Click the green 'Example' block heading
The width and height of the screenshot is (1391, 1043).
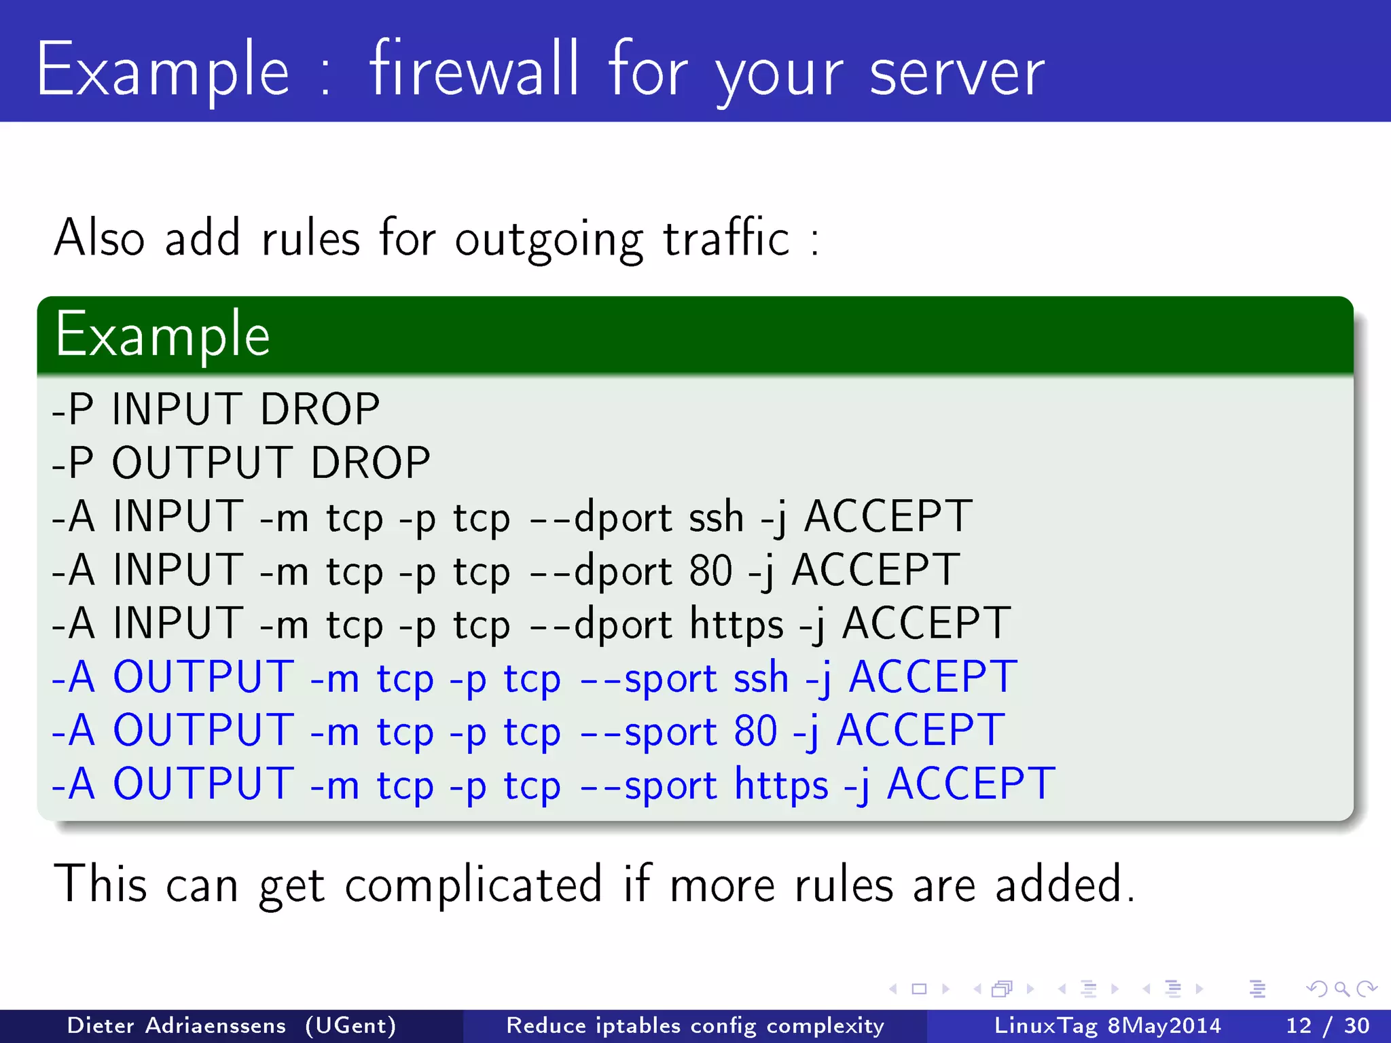click(163, 334)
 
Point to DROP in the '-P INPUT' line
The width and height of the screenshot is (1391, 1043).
click(320, 409)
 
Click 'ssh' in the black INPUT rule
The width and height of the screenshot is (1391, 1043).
click(716, 517)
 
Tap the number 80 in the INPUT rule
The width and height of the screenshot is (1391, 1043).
click(710, 570)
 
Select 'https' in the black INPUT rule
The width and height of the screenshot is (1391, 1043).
click(736, 624)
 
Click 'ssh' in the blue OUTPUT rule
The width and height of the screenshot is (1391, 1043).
click(761, 678)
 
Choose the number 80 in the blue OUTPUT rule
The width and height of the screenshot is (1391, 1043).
click(755, 731)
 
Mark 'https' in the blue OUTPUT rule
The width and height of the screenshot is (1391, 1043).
click(781, 785)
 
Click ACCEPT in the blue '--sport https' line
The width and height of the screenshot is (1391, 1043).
click(971, 784)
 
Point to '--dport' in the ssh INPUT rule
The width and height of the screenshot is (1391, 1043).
click(601, 517)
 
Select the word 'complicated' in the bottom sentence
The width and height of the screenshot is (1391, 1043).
click(473, 885)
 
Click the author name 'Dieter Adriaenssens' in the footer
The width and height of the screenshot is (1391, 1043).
click(177, 1025)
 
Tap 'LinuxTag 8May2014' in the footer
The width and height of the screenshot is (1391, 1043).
click(1107, 1025)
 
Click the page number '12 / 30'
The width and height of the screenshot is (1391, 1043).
click(1327, 1025)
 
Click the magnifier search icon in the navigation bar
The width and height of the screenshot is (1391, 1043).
click(1341, 989)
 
